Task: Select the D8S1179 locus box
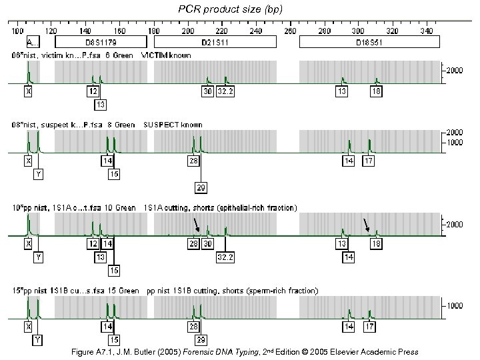point(98,41)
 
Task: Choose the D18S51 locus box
point(369,41)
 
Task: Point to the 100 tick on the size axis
point(17,31)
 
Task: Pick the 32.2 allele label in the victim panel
point(225,91)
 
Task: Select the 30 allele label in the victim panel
point(208,91)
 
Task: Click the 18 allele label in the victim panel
point(376,91)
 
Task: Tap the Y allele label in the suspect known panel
point(39,175)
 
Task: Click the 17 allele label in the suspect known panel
point(369,161)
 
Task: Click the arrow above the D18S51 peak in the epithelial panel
point(366,225)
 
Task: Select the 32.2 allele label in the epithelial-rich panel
point(225,257)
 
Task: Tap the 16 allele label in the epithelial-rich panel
point(115,270)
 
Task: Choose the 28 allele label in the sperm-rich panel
point(194,327)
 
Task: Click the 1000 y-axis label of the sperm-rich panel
point(456,306)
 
